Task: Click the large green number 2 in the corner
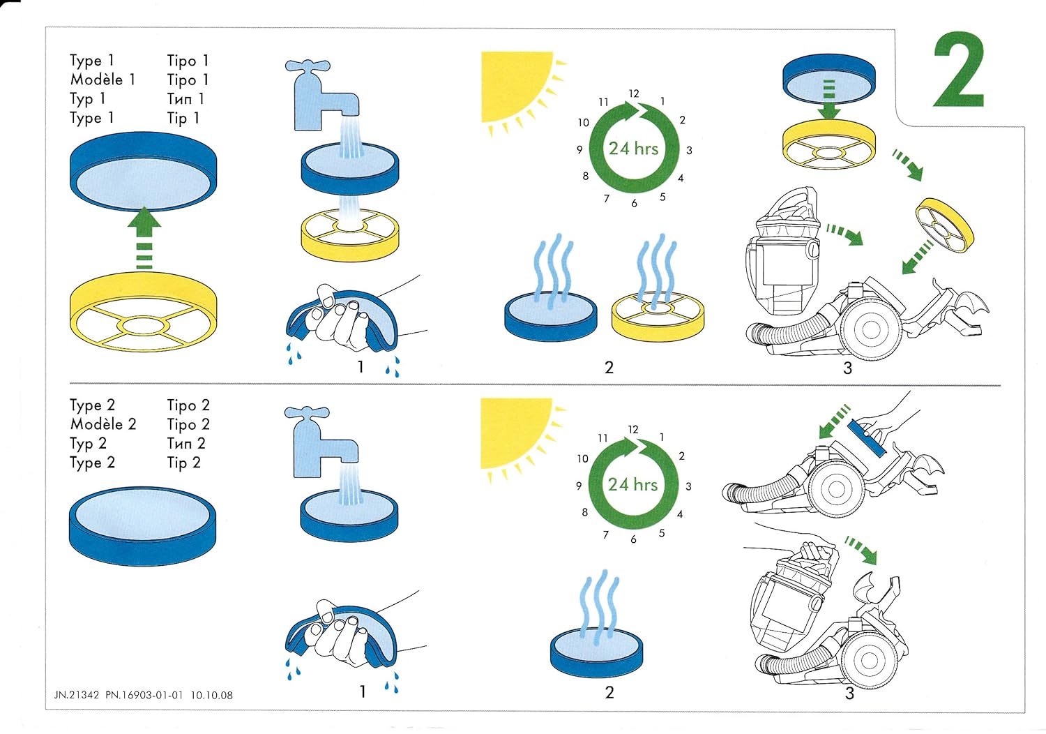pos(959,71)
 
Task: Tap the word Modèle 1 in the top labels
pos(103,80)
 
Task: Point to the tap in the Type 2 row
pos(318,441)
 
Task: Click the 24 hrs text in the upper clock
pos(633,148)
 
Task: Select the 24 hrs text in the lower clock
pos(632,484)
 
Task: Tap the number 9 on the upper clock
pos(579,149)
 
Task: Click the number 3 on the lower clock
pos(688,486)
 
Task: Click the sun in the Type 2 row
pos(516,433)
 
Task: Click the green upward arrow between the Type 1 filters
pos(144,237)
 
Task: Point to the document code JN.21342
pos(77,695)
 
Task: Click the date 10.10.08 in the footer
pos(211,695)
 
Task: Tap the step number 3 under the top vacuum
pos(848,368)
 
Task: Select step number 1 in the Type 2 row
pos(363,691)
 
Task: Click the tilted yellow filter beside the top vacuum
pos(945,225)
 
